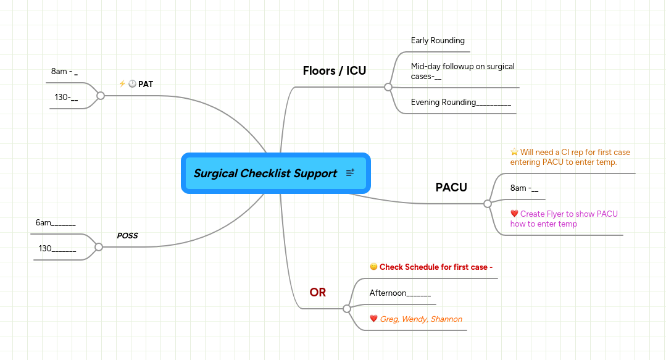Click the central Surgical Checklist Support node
[x=265, y=174]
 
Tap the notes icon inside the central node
[x=350, y=173]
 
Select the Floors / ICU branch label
[x=334, y=71]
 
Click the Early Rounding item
[x=438, y=41]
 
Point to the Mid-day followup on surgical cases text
[x=462, y=71]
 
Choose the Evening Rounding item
[x=460, y=103]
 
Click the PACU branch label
[x=451, y=187]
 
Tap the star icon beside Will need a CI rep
[x=514, y=152]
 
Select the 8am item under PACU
[x=524, y=188]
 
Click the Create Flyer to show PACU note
[x=564, y=219]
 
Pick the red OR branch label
[x=317, y=293]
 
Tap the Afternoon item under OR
[x=400, y=293]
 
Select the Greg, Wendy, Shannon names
[x=421, y=319]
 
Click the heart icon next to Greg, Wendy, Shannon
[x=373, y=319]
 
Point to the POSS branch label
[x=127, y=236]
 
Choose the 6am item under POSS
[x=55, y=223]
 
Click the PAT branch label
[x=146, y=84]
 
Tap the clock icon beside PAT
[x=132, y=84]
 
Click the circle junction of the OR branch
[x=346, y=308]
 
